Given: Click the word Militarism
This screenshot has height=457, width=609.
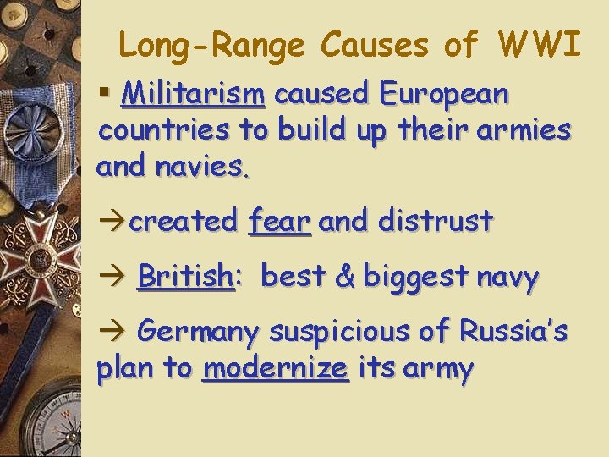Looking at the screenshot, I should coord(193,94).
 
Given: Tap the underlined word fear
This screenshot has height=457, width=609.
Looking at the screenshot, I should coord(279,221).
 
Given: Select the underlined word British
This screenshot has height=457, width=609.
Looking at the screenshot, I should coord(185,276).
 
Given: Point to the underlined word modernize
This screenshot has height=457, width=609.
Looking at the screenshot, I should coord(276,368).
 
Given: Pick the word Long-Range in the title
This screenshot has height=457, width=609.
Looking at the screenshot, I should coord(215,45).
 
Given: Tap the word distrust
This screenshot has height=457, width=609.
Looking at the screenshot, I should coord(436,221).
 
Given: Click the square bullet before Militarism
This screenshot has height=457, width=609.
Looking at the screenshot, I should coord(106,92).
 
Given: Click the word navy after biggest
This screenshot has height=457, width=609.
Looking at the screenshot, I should coord(507,277).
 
